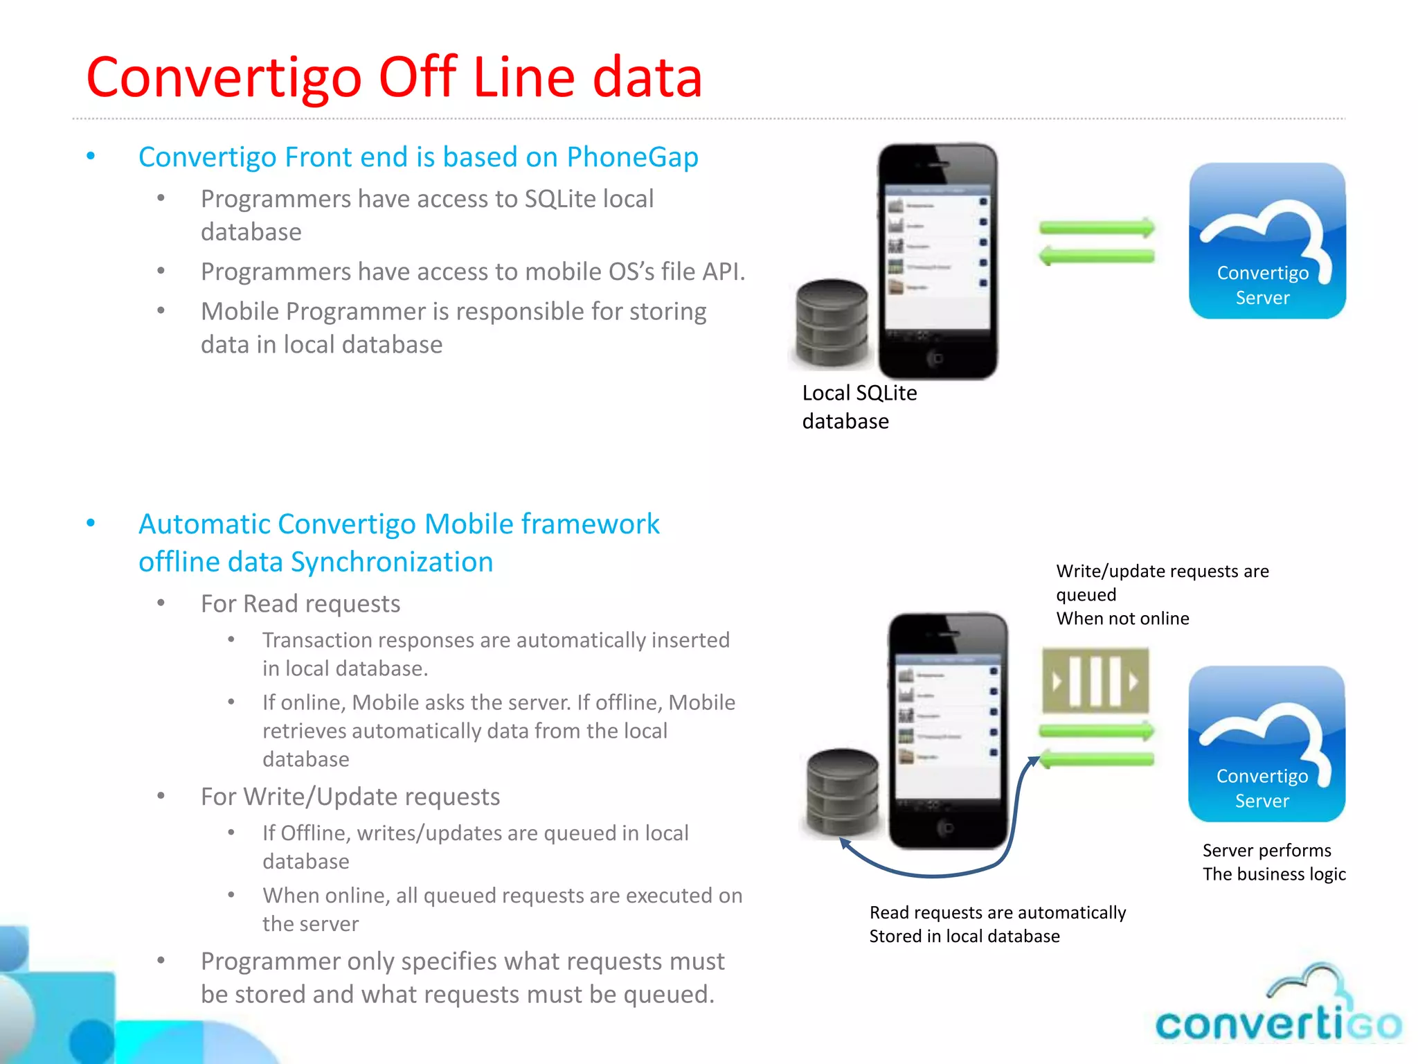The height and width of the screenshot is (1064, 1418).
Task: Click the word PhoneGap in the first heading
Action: (x=631, y=158)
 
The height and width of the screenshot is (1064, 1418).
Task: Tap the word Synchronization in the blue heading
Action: (x=391, y=562)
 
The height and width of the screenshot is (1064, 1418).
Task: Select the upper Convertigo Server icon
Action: (x=1266, y=240)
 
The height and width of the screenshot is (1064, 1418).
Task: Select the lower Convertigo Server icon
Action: (x=1266, y=743)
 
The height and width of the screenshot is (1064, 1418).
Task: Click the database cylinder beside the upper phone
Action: (x=832, y=323)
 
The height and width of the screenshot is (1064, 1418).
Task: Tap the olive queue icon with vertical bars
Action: (x=1095, y=681)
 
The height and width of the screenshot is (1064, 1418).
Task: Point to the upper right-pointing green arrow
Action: (x=1097, y=228)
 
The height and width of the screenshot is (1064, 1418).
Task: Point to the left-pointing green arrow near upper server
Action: (x=1097, y=256)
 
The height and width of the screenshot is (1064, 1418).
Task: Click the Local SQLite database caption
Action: (x=859, y=407)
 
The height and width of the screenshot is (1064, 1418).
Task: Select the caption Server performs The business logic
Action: (x=1273, y=862)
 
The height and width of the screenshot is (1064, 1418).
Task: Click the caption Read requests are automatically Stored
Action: (x=997, y=924)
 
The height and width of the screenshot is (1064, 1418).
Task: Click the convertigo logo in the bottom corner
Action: (x=1277, y=1012)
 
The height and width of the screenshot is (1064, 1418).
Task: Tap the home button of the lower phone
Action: (x=946, y=827)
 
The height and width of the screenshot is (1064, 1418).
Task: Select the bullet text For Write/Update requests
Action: (x=350, y=797)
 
